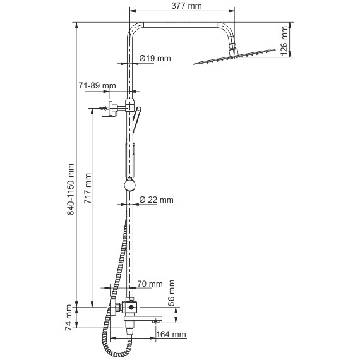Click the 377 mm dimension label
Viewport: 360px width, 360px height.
[x=186, y=6]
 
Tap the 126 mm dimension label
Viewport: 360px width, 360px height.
[x=284, y=41]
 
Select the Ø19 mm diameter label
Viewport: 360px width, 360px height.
[x=155, y=58]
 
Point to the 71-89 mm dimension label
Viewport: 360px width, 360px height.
[x=97, y=86]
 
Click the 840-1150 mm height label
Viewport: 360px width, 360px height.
[x=71, y=189]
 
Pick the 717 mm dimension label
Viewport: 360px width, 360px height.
[x=88, y=188]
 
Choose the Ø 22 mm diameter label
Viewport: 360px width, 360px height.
[x=156, y=200]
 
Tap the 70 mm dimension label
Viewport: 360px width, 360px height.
[x=150, y=284]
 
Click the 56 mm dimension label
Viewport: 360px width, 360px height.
[x=172, y=293]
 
